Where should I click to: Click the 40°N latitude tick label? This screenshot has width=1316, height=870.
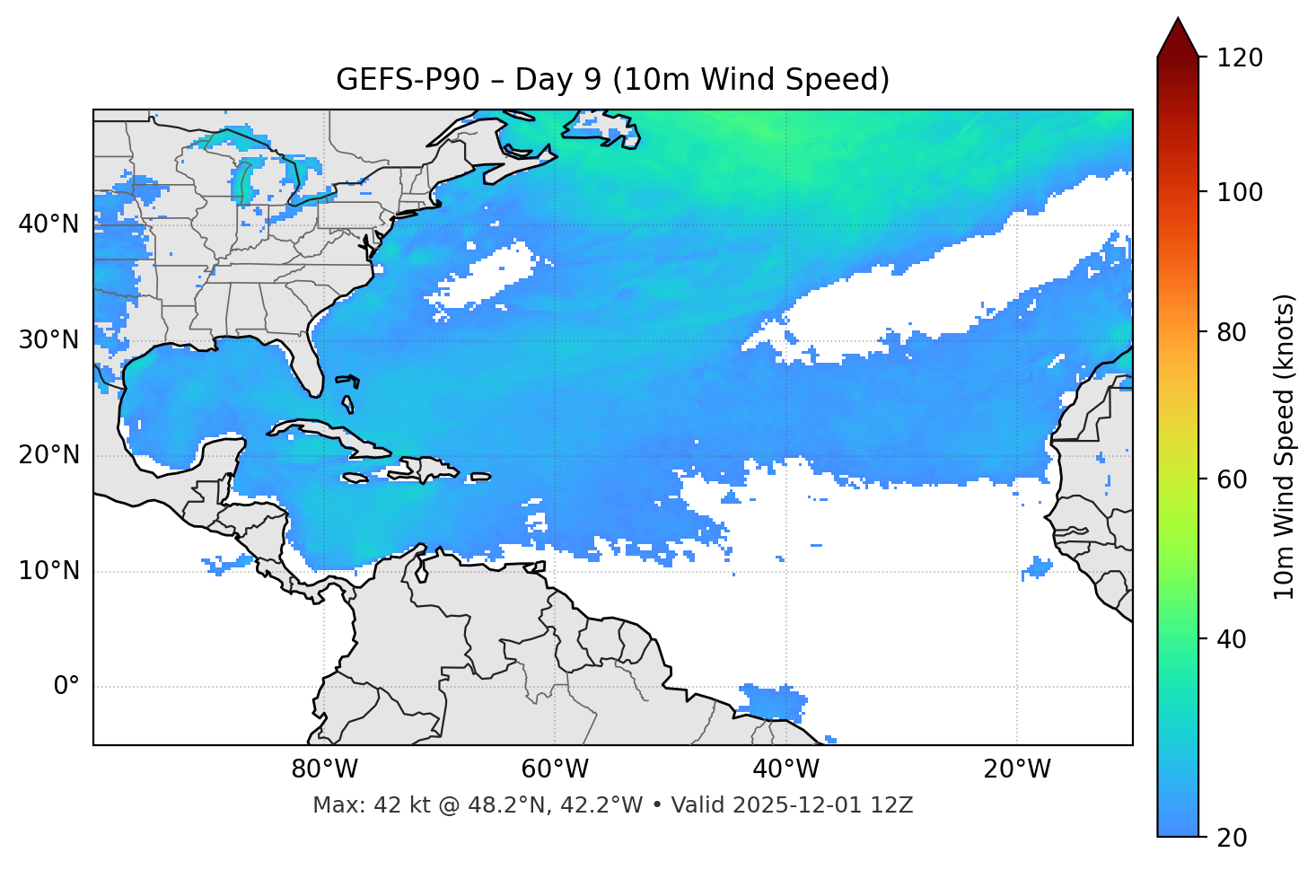(x=48, y=224)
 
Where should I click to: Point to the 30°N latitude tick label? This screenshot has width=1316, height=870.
(x=48, y=340)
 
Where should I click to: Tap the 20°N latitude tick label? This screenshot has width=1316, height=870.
(x=48, y=455)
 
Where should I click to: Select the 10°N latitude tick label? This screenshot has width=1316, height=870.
(x=48, y=571)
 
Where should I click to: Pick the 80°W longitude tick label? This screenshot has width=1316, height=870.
(x=324, y=769)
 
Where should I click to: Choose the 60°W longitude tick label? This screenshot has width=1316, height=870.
(x=555, y=769)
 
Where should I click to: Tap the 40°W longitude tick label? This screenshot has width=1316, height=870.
(x=786, y=769)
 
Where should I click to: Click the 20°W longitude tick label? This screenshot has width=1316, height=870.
(x=1017, y=769)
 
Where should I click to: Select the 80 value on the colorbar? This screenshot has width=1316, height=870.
(x=1232, y=332)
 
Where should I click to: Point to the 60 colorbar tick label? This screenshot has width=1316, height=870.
(x=1232, y=479)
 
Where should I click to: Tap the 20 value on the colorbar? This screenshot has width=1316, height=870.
(x=1232, y=838)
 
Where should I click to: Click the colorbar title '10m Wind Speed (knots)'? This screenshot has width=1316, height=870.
(x=1285, y=447)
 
